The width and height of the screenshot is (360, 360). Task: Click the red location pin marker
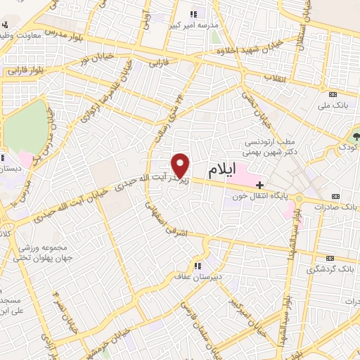[x=181, y=165]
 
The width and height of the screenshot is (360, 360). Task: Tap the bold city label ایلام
[x=224, y=171]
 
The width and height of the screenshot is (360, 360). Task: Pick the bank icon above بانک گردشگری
[x=333, y=257]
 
